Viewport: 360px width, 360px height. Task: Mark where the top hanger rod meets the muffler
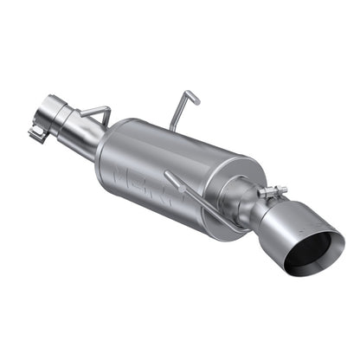172,128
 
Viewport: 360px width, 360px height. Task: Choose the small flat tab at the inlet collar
36,134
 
